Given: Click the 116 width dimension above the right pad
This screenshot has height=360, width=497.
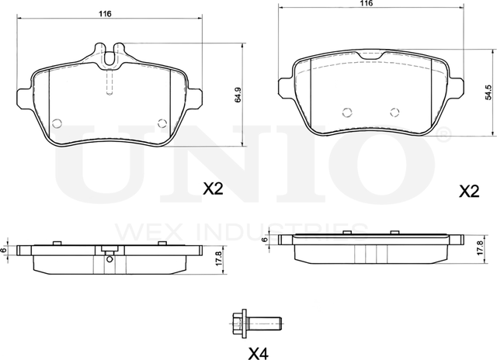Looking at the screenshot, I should [x=367, y=4].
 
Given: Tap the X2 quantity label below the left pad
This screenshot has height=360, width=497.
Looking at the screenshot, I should [x=214, y=188].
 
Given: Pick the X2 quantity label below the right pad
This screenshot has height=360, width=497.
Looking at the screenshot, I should [x=469, y=191].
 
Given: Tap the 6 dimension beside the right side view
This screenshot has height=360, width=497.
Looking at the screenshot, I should [x=265, y=241].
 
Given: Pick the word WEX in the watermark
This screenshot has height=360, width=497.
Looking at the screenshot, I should [x=139, y=231].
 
